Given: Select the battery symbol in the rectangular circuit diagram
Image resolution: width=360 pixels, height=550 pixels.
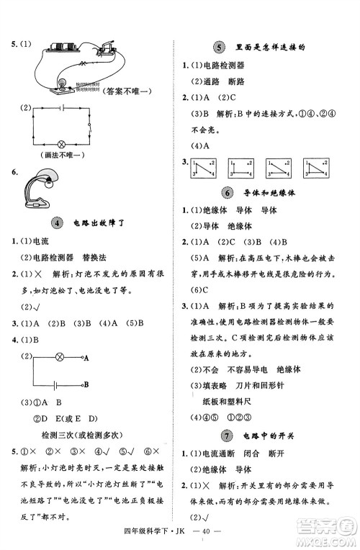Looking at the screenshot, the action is [61, 107].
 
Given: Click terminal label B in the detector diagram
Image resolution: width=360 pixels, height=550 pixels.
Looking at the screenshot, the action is [86, 385].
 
